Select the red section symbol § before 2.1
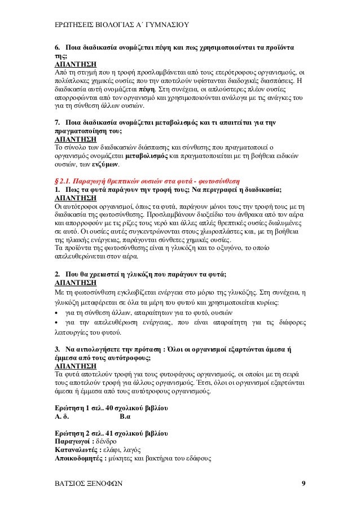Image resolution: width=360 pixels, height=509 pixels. click(55, 182)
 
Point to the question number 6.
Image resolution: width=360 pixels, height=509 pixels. click(56, 46)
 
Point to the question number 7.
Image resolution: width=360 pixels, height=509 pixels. click(56, 122)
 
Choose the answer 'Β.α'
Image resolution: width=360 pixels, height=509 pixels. click(126, 417)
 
